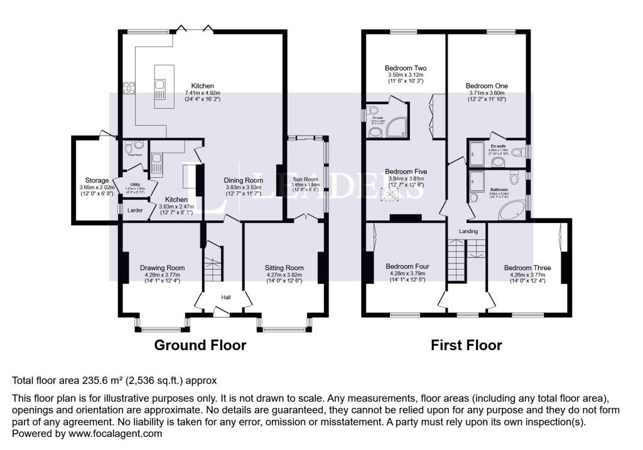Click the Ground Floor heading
pyautogui.click(x=200, y=345)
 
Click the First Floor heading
pyautogui.click(x=466, y=345)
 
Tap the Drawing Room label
pyautogui.click(x=162, y=268)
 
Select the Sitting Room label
pyautogui.click(x=284, y=268)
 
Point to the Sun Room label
pyautogui.click(x=306, y=180)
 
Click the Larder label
pyautogui.click(x=134, y=211)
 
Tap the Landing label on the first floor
pyautogui.click(x=468, y=231)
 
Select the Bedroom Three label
pyautogui.click(x=527, y=268)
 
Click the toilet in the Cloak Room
pyautogui.click(x=139, y=145)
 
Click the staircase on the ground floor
pyautogui.click(x=213, y=264)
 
